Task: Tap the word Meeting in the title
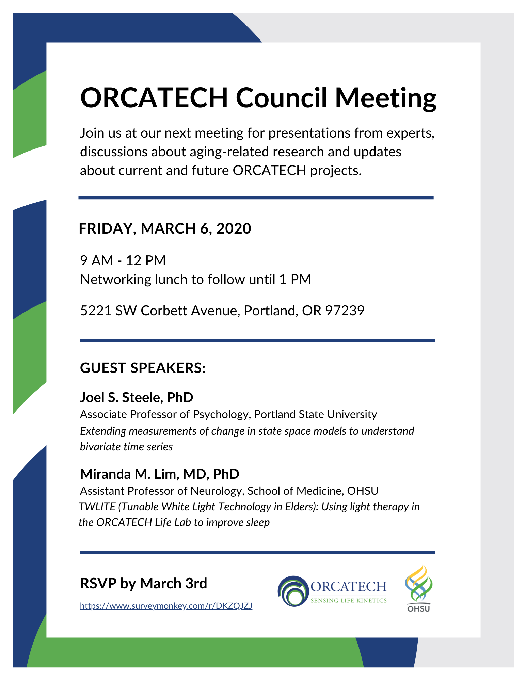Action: pyautogui.click(x=385, y=99)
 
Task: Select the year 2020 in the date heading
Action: pyautogui.click(x=234, y=228)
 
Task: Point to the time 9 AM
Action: pyautogui.click(x=97, y=260)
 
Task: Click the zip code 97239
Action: pyautogui.click(x=345, y=311)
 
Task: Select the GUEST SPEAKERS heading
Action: pyautogui.click(x=143, y=368)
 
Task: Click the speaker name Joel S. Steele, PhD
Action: pyautogui.click(x=137, y=397)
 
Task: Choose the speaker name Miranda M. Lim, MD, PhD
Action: pyautogui.click(x=160, y=474)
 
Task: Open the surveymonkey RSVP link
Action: pyautogui.click(x=166, y=606)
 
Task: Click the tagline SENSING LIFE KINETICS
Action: pyautogui.click(x=348, y=601)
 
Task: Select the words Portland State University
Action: pyautogui.click(x=316, y=414)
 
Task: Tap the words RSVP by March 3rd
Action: pyautogui.click(x=143, y=583)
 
